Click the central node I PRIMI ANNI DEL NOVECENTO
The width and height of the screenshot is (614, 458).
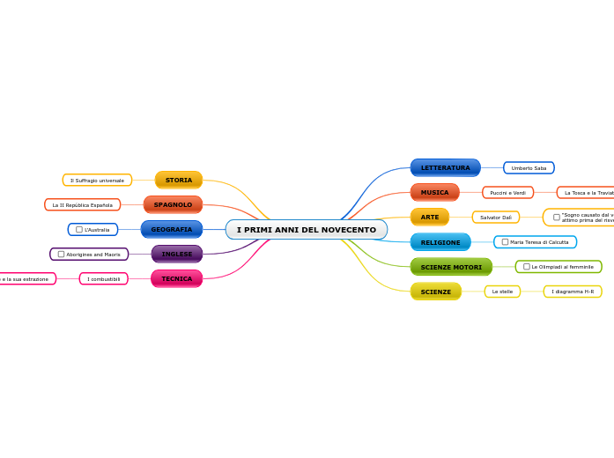(x=306, y=230)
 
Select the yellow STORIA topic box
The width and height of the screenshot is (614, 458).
(x=179, y=180)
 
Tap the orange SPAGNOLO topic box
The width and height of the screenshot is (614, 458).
(x=173, y=204)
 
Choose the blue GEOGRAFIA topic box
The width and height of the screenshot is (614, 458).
(x=171, y=229)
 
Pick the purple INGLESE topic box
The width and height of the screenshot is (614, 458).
(x=176, y=254)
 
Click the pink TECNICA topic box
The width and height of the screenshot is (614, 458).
(x=176, y=278)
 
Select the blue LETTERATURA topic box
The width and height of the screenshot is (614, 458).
(x=445, y=167)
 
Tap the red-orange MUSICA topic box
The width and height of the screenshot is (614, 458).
(x=434, y=192)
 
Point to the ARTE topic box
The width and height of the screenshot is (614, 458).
(x=430, y=217)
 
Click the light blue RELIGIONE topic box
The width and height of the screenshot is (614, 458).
(x=440, y=242)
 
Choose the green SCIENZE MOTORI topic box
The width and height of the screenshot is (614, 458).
(x=451, y=267)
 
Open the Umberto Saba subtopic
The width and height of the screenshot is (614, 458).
(x=529, y=167)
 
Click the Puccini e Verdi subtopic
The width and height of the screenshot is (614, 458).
(x=507, y=192)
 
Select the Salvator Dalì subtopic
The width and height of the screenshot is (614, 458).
(x=495, y=217)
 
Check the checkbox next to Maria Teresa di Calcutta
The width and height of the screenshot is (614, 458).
(x=505, y=242)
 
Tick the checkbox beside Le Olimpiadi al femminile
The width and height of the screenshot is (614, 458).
(x=527, y=267)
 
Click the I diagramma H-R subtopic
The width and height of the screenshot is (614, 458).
(x=573, y=292)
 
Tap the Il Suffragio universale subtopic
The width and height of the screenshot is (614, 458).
(x=97, y=180)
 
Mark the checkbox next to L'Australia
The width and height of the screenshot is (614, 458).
(x=79, y=230)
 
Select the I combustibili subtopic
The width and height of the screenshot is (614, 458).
(x=103, y=278)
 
